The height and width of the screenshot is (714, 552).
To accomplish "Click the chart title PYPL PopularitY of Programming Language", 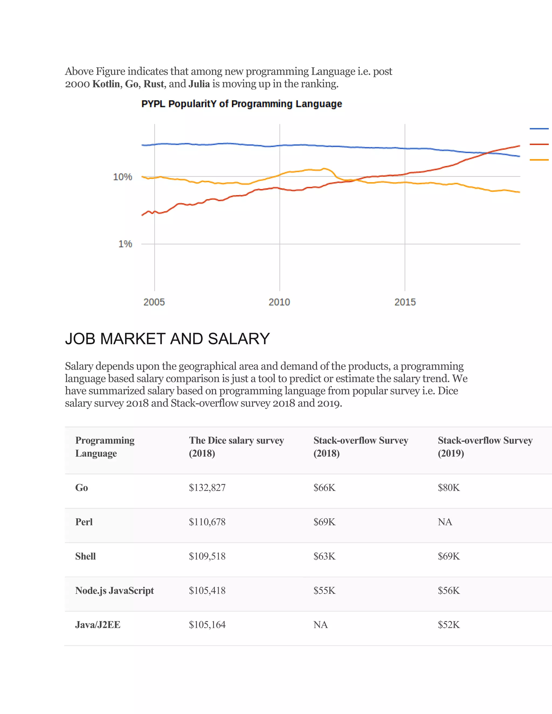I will (241, 104).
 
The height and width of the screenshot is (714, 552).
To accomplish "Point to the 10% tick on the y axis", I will (123, 177).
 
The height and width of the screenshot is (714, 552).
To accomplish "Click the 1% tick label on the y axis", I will (125, 244).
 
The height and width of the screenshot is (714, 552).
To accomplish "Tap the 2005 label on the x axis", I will (154, 302).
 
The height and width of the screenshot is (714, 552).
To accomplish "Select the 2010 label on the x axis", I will (279, 302).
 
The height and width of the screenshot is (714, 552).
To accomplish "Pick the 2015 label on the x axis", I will (405, 302).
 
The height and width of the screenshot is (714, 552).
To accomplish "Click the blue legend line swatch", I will (539, 129).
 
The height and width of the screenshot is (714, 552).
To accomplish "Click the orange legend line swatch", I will (539, 160).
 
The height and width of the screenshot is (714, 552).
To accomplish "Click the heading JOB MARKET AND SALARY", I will (167, 339).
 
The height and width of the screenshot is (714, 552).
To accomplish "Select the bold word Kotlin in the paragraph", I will (106, 84).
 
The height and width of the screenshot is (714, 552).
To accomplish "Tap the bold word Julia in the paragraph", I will (199, 84).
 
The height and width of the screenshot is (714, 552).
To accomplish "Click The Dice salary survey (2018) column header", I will (236, 446).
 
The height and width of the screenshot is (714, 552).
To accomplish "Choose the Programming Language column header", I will (105, 446).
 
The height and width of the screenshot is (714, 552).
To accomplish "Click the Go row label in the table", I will (81, 488).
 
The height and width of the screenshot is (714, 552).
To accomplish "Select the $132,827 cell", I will (207, 488).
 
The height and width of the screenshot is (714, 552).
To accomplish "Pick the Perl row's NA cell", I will (445, 522).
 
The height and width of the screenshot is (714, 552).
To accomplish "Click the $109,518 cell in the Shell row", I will (207, 556).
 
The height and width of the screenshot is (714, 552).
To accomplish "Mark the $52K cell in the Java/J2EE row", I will (449, 625).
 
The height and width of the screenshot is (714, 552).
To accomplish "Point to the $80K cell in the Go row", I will (449, 488).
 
